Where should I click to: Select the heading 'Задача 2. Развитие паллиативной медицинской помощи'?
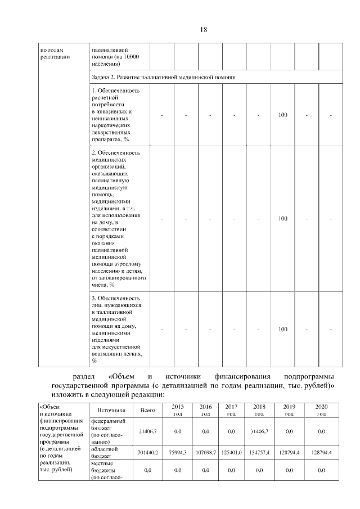pos(163,76)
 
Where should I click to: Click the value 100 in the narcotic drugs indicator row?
pos(283,115)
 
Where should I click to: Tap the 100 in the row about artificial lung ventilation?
pos(283,329)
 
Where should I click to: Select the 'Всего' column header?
pos(148,411)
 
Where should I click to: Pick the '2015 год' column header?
pos(178,410)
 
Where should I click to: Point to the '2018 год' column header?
pos(259,410)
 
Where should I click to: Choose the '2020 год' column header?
pos(321,410)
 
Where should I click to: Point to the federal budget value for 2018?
pos(259,431)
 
